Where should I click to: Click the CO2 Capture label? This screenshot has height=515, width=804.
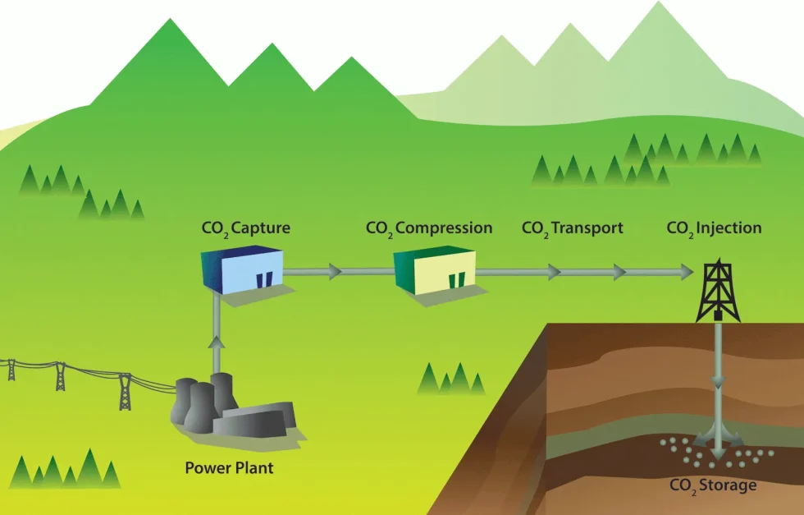tap(245, 228)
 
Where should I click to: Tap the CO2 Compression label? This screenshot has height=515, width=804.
tap(429, 228)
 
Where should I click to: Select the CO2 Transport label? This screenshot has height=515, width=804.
tap(572, 228)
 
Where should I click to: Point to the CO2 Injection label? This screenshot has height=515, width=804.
tap(714, 228)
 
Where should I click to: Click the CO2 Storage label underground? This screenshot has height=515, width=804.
tap(712, 485)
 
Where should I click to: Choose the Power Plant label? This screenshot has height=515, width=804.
tap(229, 469)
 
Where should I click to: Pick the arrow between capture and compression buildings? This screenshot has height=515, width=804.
tap(334, 271)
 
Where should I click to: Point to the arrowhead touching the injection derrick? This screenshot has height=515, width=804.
tap(685, 271)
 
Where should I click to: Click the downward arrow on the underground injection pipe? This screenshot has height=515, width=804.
tap(718, 382)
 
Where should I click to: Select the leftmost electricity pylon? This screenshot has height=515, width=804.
tap(11, 369)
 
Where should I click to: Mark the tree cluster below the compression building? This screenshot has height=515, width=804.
tap(450, 379)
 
